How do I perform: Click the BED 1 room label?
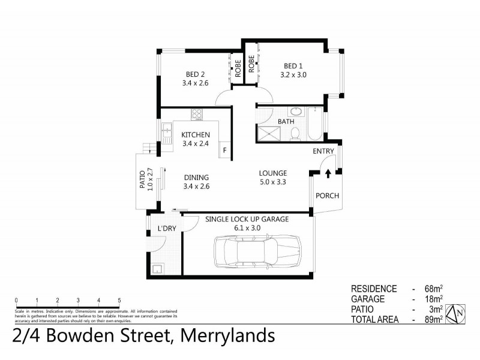293,66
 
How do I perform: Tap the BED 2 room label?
195,74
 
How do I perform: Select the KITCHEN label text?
196,134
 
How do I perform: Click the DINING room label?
196,177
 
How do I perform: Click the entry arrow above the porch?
328,174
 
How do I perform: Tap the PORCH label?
328,196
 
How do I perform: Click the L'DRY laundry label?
166,229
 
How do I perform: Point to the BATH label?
286,122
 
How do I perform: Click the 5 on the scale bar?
119,300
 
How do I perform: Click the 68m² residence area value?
431,289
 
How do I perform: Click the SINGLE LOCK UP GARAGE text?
247,220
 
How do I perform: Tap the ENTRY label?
323,152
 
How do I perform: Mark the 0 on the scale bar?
16,300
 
